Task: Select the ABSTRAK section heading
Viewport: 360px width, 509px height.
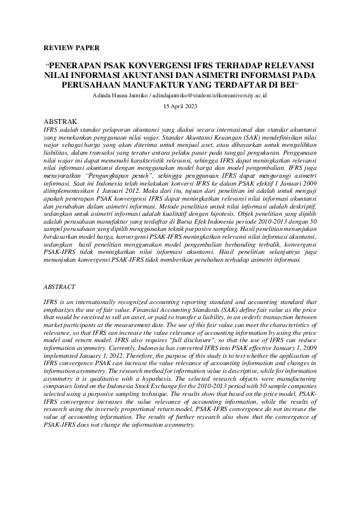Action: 62,121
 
